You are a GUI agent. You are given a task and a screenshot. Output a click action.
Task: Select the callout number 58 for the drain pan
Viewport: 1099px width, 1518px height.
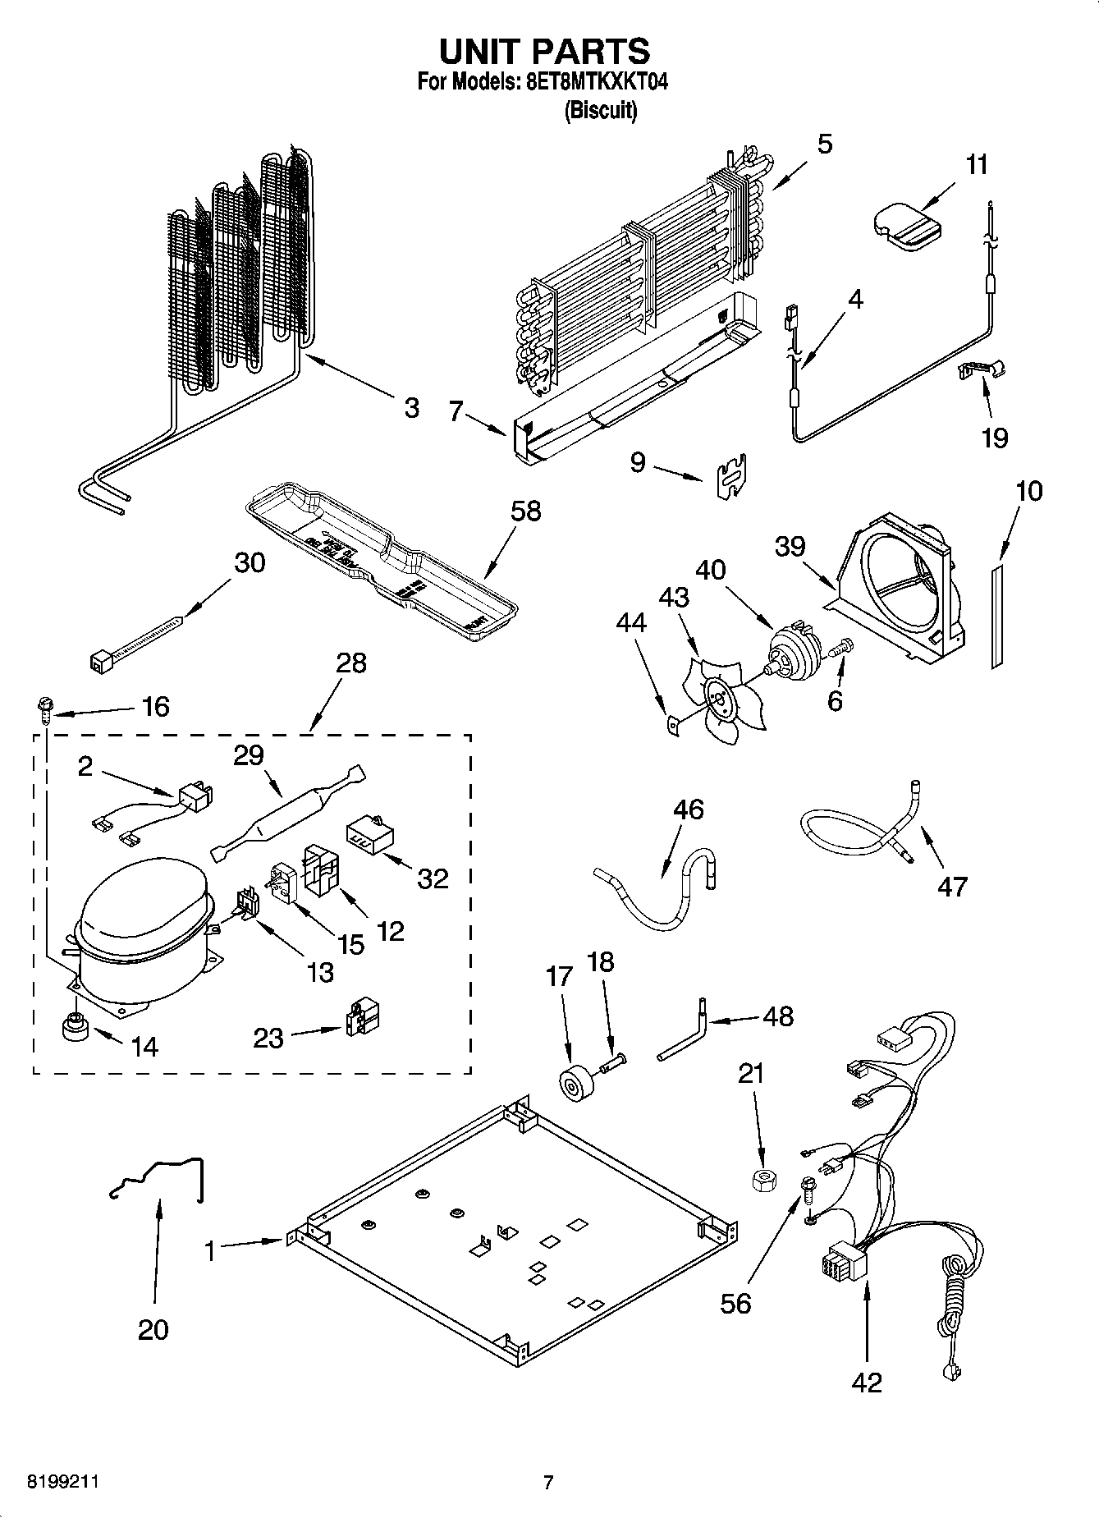click(525, 511)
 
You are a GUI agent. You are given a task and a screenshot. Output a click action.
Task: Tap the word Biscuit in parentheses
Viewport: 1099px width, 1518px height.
click(600, 110)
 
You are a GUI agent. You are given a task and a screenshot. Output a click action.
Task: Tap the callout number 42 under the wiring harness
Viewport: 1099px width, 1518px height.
click(867, 1382)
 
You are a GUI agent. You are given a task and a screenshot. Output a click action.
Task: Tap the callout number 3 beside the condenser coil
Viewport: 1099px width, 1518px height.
click(411, 407)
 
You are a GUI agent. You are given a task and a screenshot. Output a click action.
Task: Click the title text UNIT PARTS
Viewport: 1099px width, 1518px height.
click(544, 50)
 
